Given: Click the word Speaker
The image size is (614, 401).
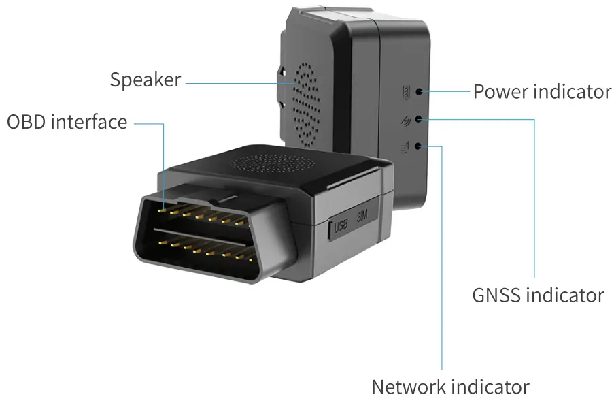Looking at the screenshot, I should click(146, 80).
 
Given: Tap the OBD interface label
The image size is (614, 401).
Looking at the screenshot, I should click(67, 122).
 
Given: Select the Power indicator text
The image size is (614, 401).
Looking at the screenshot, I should click(542, 91).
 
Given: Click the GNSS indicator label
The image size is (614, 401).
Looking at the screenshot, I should click(538, 295).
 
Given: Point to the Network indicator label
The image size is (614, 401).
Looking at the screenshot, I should click(450, 387).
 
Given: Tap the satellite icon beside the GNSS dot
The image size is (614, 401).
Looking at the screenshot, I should click(407, 120).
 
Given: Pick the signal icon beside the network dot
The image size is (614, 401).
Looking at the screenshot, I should click(407, 146).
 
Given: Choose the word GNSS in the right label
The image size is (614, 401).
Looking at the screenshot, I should click(497, 295).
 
